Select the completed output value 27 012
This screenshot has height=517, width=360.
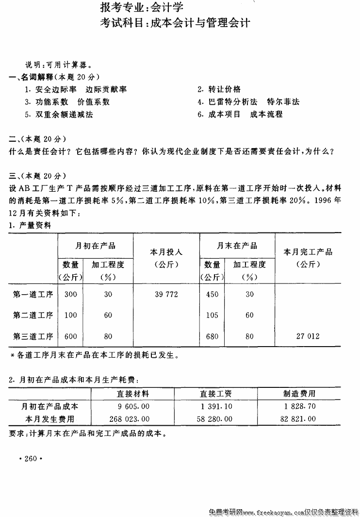pyautogui.click(x=308, y=336)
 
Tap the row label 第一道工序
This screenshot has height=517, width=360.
pyautogui.click(x=33, y=294)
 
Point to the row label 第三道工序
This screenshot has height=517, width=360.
pyautogui.click(x=33, y=336)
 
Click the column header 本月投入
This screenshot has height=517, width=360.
pyautogui.click(x=166, y=252)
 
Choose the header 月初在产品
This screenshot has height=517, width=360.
pyautogui.click(x=96, y=246)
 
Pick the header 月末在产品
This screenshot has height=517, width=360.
pyautogui.click(x=237, y=246)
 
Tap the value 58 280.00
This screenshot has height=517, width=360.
pyautogui.click(x=216, y=418)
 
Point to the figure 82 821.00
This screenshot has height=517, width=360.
pyautogui.click(x=299, y=418)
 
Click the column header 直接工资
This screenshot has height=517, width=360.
pyautogui.click(x=216, y=393)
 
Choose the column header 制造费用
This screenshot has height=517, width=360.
pyautogui.click(x=299, y=393)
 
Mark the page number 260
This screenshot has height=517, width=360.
pyautogui.click(x=31, y=459)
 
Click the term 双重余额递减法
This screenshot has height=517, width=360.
pyautogui.click(x=64, y=115)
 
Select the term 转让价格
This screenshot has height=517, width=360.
pyautogui.click(x=225, y=89)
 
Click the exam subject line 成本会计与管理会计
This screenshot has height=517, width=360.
pyautogui.click(x=175, y=23)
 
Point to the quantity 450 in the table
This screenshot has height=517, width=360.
pyautogui.click(x=212, y=294)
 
